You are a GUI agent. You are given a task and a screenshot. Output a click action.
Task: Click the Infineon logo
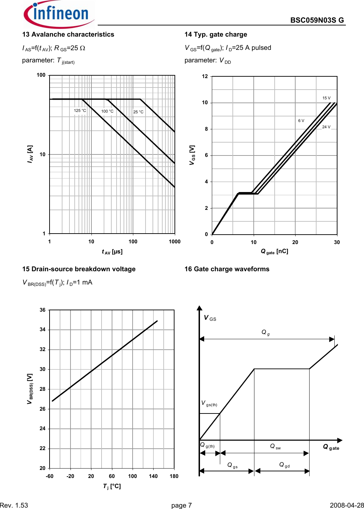point(58,14)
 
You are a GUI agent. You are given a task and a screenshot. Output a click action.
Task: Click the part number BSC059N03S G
point(317,20)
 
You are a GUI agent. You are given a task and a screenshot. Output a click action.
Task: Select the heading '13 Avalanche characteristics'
point(68,35)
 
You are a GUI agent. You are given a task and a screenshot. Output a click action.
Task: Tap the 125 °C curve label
point(80,111)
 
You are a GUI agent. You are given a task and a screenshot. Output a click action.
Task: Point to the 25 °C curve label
point(138,112)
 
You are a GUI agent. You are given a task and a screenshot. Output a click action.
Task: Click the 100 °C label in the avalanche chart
point(107,112)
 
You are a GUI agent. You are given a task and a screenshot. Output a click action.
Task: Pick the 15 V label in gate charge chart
point(326,98)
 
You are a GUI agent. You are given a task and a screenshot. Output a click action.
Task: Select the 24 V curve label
point(326,127)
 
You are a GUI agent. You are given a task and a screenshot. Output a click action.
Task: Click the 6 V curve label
point(301,121)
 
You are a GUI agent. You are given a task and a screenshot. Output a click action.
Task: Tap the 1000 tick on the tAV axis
point(174,242)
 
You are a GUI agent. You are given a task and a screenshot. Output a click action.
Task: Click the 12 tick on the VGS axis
point(205,76)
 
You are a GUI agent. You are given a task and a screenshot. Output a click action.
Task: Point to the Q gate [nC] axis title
point(274,251)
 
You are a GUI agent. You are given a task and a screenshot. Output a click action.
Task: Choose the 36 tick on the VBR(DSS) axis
point(43,310)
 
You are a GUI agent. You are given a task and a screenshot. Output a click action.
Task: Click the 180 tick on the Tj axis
point(174,476)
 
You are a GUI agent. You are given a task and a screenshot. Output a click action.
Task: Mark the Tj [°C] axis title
point(112,486)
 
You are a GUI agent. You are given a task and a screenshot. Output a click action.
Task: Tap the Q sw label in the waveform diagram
point(275,447)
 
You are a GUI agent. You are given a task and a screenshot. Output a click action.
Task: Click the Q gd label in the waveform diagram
point(284,465)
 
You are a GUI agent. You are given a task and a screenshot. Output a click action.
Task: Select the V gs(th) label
point(209,403)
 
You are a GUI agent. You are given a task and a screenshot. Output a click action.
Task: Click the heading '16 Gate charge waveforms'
point(227,269)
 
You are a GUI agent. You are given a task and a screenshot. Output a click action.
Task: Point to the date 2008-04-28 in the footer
point(347,506)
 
